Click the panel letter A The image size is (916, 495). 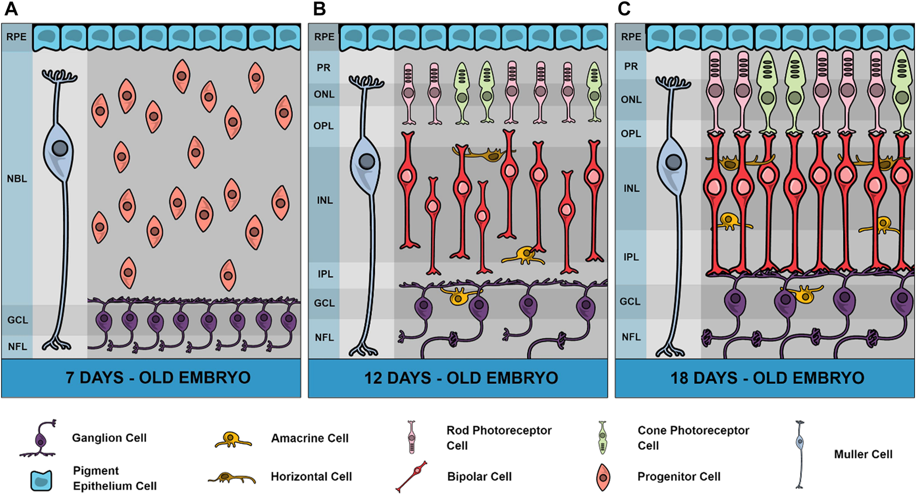(11, 9)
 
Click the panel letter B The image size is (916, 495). (319, 9)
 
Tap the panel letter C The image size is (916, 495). (624, 9)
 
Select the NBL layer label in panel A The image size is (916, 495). (17, 179)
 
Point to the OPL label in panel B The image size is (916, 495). (324, 126)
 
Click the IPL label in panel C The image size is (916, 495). (631, 257)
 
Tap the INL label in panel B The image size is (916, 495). (325, 200)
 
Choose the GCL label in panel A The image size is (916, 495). (18, 320)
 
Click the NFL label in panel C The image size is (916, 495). (631, 337)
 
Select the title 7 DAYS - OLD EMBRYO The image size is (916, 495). (158, 378)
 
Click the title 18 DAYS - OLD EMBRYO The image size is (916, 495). (767, 378)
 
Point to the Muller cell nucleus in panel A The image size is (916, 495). (60, 148)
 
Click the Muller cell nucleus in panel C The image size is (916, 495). (673, 162)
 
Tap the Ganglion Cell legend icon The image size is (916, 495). (40, 439)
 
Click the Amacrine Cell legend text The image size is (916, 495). (310, 438)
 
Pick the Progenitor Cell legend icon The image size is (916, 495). (603, 477)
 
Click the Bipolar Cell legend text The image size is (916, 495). (479, 476)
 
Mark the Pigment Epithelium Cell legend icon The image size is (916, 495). (41, 479)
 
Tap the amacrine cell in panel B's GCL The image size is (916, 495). (459, 296)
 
